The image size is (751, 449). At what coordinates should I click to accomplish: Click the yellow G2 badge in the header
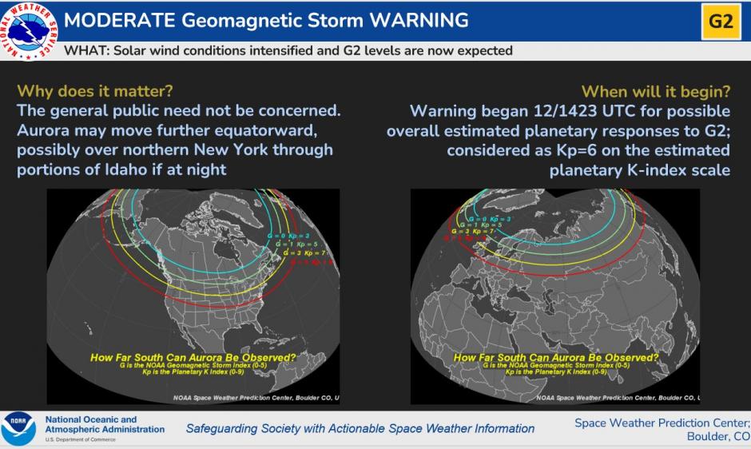[x=720, y=21]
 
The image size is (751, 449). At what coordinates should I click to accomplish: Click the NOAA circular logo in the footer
[x=18, y=429]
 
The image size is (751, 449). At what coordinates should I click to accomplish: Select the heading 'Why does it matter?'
[x=94, y=90]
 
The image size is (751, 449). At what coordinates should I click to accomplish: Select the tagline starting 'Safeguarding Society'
[x=360, y=428]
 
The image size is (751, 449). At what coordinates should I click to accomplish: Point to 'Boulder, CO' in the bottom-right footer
[x=717, y=436]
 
